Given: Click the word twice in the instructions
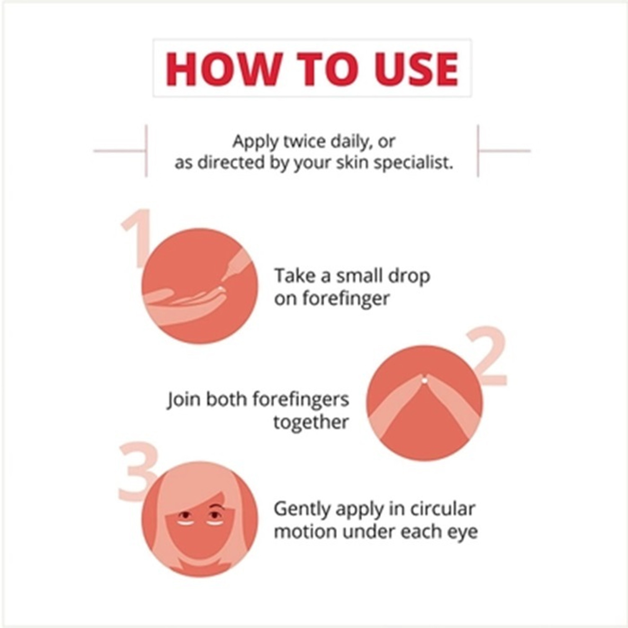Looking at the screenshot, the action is coord(299,142).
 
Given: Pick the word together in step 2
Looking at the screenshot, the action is coord(311,422).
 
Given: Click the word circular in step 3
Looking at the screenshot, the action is coord(443,509).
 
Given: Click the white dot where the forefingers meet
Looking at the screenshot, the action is coord(424,380).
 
